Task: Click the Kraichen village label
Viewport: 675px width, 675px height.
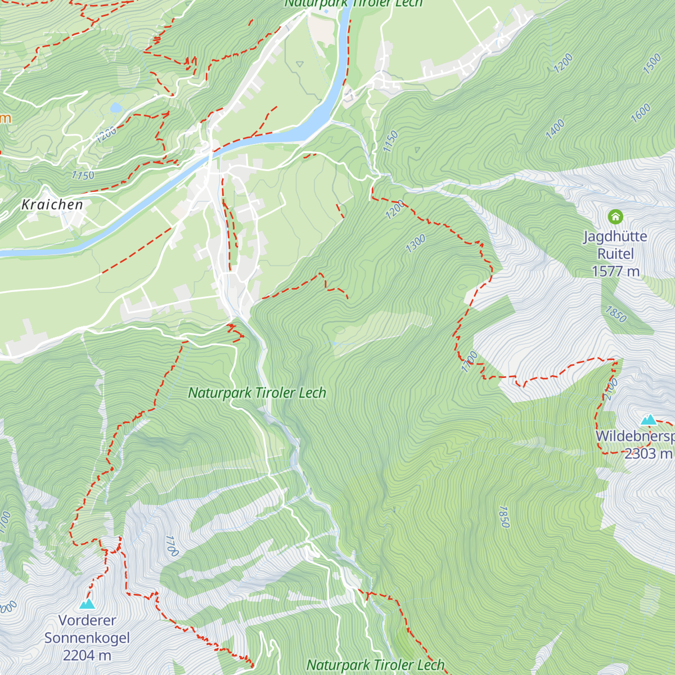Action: pos(52,205)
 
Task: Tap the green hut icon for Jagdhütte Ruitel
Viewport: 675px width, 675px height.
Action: pos(615,217)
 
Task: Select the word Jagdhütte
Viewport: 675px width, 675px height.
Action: pos(615,236)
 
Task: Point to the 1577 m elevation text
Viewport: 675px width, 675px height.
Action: pos(615,272)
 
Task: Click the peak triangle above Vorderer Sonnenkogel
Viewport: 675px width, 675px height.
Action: pos(87,604)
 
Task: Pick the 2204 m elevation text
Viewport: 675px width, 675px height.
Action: pos(87,655)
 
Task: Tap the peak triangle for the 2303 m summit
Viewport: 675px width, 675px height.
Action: pos(649,420)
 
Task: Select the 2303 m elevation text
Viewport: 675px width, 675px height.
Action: pos(648,453)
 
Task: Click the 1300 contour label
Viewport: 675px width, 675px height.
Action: pos(416,244)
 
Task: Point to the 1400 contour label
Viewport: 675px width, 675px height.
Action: pos(555,129)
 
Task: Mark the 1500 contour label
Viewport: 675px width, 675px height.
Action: pos(652,64)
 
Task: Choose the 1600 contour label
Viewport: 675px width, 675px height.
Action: pos(641,113)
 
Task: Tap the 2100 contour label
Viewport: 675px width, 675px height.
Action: pos(611,389)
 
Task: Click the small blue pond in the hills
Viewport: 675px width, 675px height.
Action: pos(116,107)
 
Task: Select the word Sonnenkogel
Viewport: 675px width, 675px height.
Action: pos(87,638)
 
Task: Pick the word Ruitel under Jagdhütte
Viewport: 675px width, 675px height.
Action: pos(615,254)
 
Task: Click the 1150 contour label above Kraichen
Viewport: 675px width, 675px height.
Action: pos(83,175)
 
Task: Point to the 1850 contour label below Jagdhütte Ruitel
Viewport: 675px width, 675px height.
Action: pos(615,314)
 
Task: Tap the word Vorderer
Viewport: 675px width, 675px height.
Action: pos(87,620)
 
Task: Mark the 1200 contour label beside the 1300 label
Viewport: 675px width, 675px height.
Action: pos(395,210)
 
